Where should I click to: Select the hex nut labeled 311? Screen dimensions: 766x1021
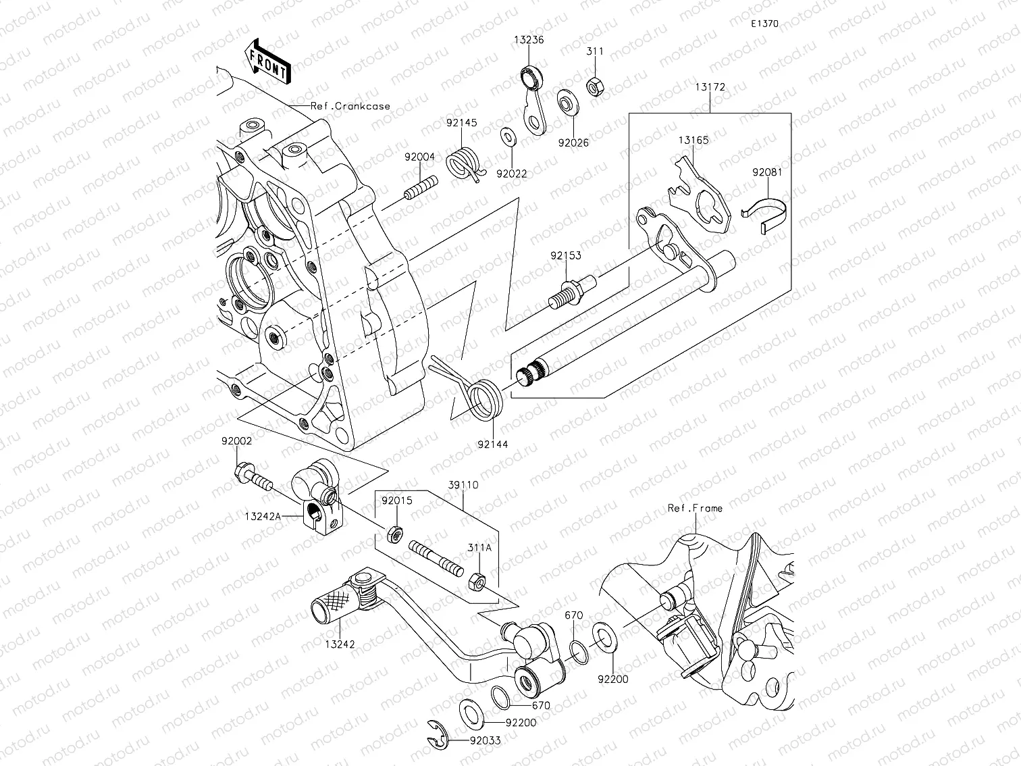point(594,86)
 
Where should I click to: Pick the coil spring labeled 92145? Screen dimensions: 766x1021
point(465,163)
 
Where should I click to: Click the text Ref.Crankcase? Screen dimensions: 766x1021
point(350,106)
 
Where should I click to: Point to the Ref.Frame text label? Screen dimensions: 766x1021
point(694,508)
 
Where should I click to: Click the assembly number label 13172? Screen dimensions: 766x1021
point(710,87)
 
